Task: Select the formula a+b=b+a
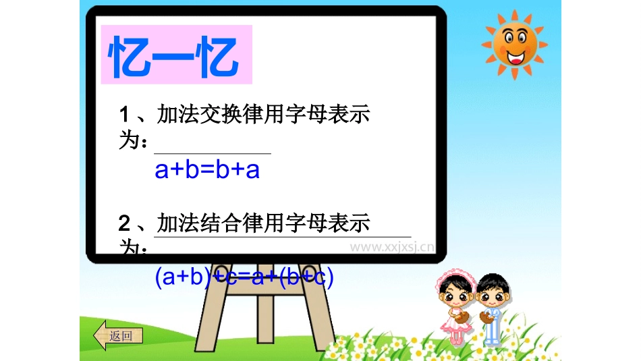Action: [207, 169]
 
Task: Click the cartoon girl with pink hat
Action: [451, 304]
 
